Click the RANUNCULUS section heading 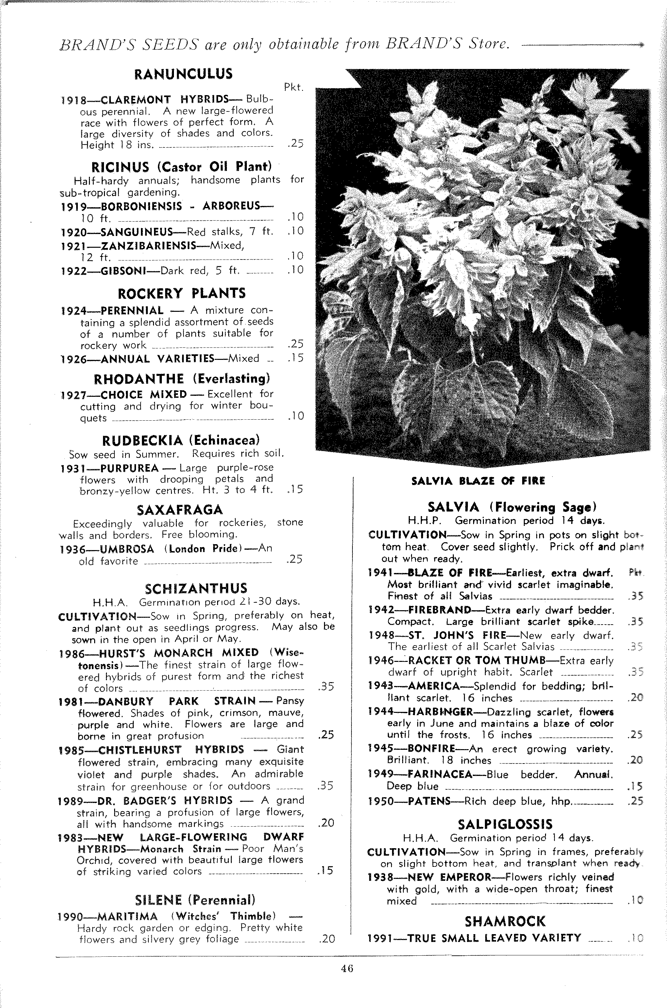[183, 75]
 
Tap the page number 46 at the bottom [347, 968]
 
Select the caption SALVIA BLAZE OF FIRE [478, 481]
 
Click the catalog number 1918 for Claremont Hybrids [74, 100]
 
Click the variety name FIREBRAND [439, 611]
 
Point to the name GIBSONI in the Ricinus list [123, 271]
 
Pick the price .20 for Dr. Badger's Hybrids [326, 823]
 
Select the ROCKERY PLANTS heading [182, 293]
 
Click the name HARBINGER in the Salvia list [440, 712]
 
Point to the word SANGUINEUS [136, 232]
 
